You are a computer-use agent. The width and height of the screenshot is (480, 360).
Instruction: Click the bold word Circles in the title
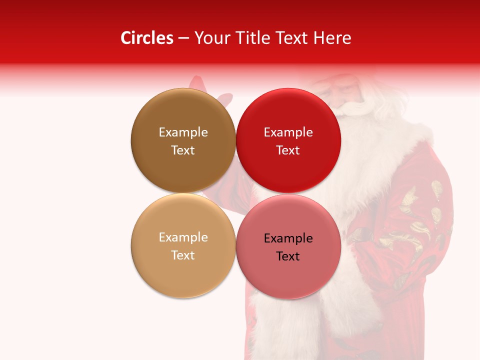146,38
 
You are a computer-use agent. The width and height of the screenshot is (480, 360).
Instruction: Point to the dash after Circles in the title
183,38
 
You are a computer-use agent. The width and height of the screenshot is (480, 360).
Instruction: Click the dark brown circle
183,170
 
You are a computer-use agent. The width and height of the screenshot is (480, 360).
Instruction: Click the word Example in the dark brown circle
183,132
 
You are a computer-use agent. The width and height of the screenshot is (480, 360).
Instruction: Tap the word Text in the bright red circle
288,150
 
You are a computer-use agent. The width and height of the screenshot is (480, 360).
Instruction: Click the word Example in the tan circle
183,237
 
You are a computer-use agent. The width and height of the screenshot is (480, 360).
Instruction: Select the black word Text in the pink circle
288,256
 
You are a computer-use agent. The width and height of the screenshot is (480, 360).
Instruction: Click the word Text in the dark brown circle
183,150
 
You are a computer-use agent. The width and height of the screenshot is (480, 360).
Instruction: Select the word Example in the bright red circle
288,132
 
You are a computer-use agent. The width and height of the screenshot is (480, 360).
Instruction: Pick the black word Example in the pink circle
288,238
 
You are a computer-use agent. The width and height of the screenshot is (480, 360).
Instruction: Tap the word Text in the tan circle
183,255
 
